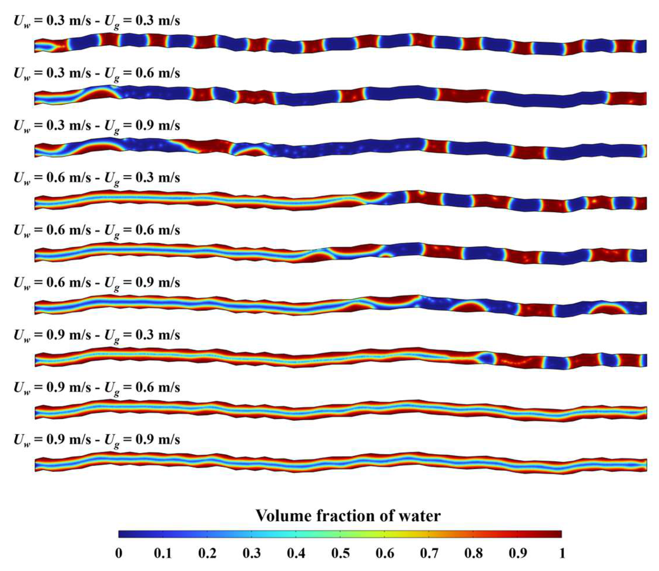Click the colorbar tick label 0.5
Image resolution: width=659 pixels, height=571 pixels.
tap(340, 554)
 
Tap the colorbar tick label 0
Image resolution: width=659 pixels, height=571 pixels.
tap(118, 554)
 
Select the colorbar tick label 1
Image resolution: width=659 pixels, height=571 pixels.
tap(562, 554)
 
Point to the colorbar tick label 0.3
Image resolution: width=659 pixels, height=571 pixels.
tap(252, 554)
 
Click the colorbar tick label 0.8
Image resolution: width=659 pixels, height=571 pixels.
tap(473, 554)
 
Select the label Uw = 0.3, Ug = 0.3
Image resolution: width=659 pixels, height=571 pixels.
tap(97, 22)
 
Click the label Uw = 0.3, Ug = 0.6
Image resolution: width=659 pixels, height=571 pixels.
tap(97, 74)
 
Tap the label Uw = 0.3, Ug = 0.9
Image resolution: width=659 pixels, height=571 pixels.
tap(97, 126)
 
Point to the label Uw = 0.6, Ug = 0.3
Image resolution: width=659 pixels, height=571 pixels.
tap(97, 178)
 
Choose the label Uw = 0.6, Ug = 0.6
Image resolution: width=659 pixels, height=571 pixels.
tap(97, 231)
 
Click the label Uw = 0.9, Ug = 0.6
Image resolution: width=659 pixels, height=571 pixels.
tap(97, 388)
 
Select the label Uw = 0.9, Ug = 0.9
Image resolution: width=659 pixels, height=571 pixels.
tap(97, 440)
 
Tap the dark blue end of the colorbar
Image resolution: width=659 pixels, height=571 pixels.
tap(123, 534)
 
